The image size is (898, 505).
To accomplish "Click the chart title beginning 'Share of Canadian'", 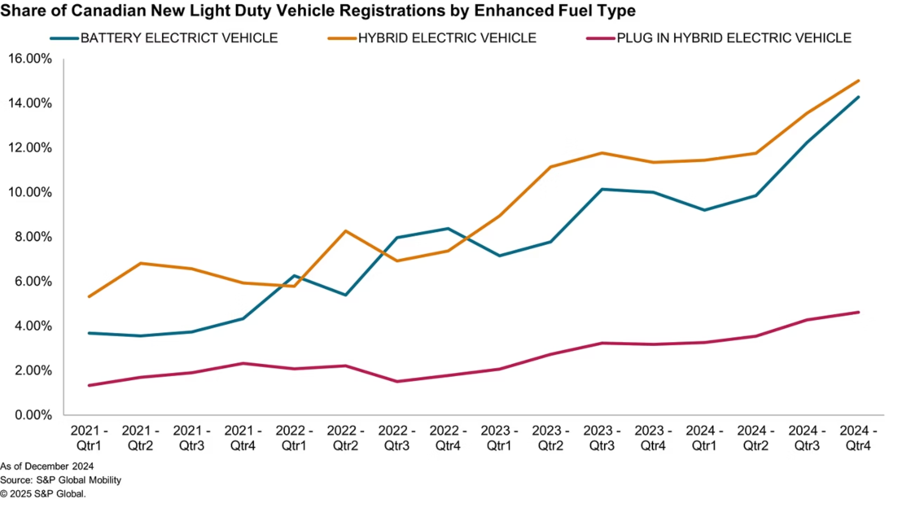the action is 318,11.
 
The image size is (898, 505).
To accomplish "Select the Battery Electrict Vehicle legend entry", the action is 164,38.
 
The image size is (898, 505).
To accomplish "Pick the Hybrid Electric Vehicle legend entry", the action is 432,38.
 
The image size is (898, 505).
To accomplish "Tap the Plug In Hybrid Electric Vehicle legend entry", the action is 719,38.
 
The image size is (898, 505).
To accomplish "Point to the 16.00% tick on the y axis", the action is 30,58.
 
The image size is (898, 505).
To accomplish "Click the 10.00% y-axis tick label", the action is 30,192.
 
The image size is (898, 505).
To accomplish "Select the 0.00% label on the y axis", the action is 33,415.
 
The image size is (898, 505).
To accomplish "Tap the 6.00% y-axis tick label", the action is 33,281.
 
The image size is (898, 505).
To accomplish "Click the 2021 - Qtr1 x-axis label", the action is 89,438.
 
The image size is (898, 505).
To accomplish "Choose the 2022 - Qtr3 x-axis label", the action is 397,438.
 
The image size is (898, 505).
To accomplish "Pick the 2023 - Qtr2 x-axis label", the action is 550,438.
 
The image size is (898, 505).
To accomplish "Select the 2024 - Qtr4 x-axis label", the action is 858,438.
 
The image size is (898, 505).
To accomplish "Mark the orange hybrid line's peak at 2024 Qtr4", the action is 858,81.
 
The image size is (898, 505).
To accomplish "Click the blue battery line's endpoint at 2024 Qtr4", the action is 858,97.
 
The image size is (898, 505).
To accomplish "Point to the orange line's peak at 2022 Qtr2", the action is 345,231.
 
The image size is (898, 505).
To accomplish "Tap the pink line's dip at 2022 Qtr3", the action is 397,382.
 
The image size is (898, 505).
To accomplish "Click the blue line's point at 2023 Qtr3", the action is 602,189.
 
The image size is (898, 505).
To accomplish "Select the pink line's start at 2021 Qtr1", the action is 89,385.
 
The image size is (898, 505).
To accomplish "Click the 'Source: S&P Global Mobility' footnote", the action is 61,480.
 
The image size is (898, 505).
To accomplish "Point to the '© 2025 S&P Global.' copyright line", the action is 43,494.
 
